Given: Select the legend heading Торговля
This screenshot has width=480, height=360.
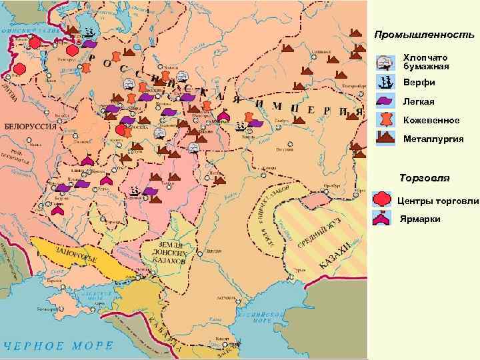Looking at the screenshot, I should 424,178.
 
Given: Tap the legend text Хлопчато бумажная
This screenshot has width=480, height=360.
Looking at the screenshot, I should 426,62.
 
